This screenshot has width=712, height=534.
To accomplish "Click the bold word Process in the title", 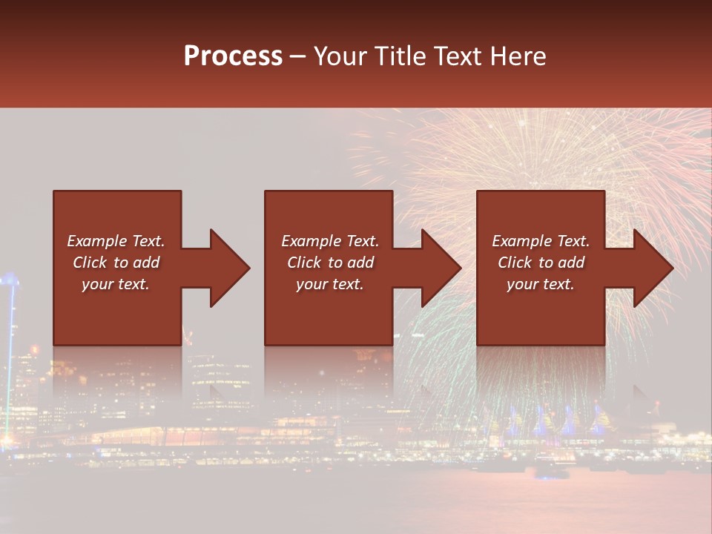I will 233,56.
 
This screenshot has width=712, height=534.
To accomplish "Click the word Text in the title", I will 458,56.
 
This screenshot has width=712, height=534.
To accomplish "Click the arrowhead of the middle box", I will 441,268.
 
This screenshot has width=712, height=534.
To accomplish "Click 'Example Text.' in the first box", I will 116,241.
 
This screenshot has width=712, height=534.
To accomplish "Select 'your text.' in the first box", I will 116,284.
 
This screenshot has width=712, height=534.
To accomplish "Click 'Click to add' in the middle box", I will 330,263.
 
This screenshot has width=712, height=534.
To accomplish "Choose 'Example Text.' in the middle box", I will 330,241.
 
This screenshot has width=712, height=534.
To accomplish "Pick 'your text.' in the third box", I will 541,284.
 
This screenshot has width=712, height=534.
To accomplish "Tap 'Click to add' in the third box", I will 541,263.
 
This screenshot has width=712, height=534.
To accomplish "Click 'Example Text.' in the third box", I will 541,241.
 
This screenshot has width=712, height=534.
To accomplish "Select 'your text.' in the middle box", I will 330,284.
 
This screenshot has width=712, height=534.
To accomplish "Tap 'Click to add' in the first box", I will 116,263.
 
